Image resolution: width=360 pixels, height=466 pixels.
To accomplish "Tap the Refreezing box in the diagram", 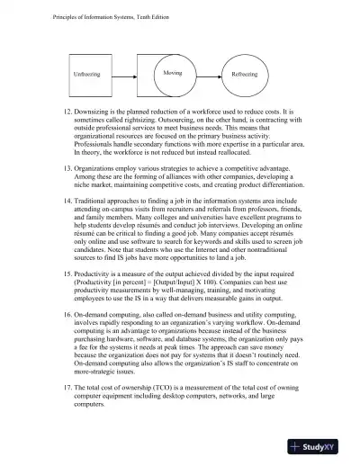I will (244, 74).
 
